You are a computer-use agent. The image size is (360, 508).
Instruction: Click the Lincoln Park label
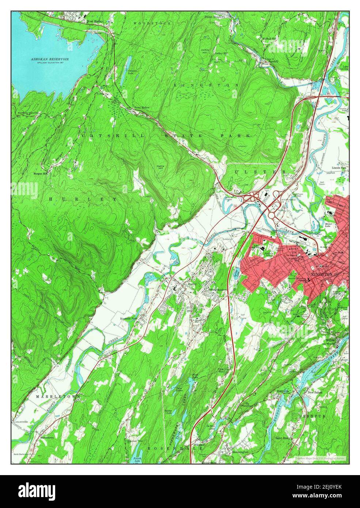[338, 168]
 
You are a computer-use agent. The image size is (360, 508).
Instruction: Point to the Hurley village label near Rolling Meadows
[192, 284]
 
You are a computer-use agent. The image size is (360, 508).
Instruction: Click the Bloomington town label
[240, 452]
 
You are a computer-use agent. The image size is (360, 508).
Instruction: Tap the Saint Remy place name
[284, 437]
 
